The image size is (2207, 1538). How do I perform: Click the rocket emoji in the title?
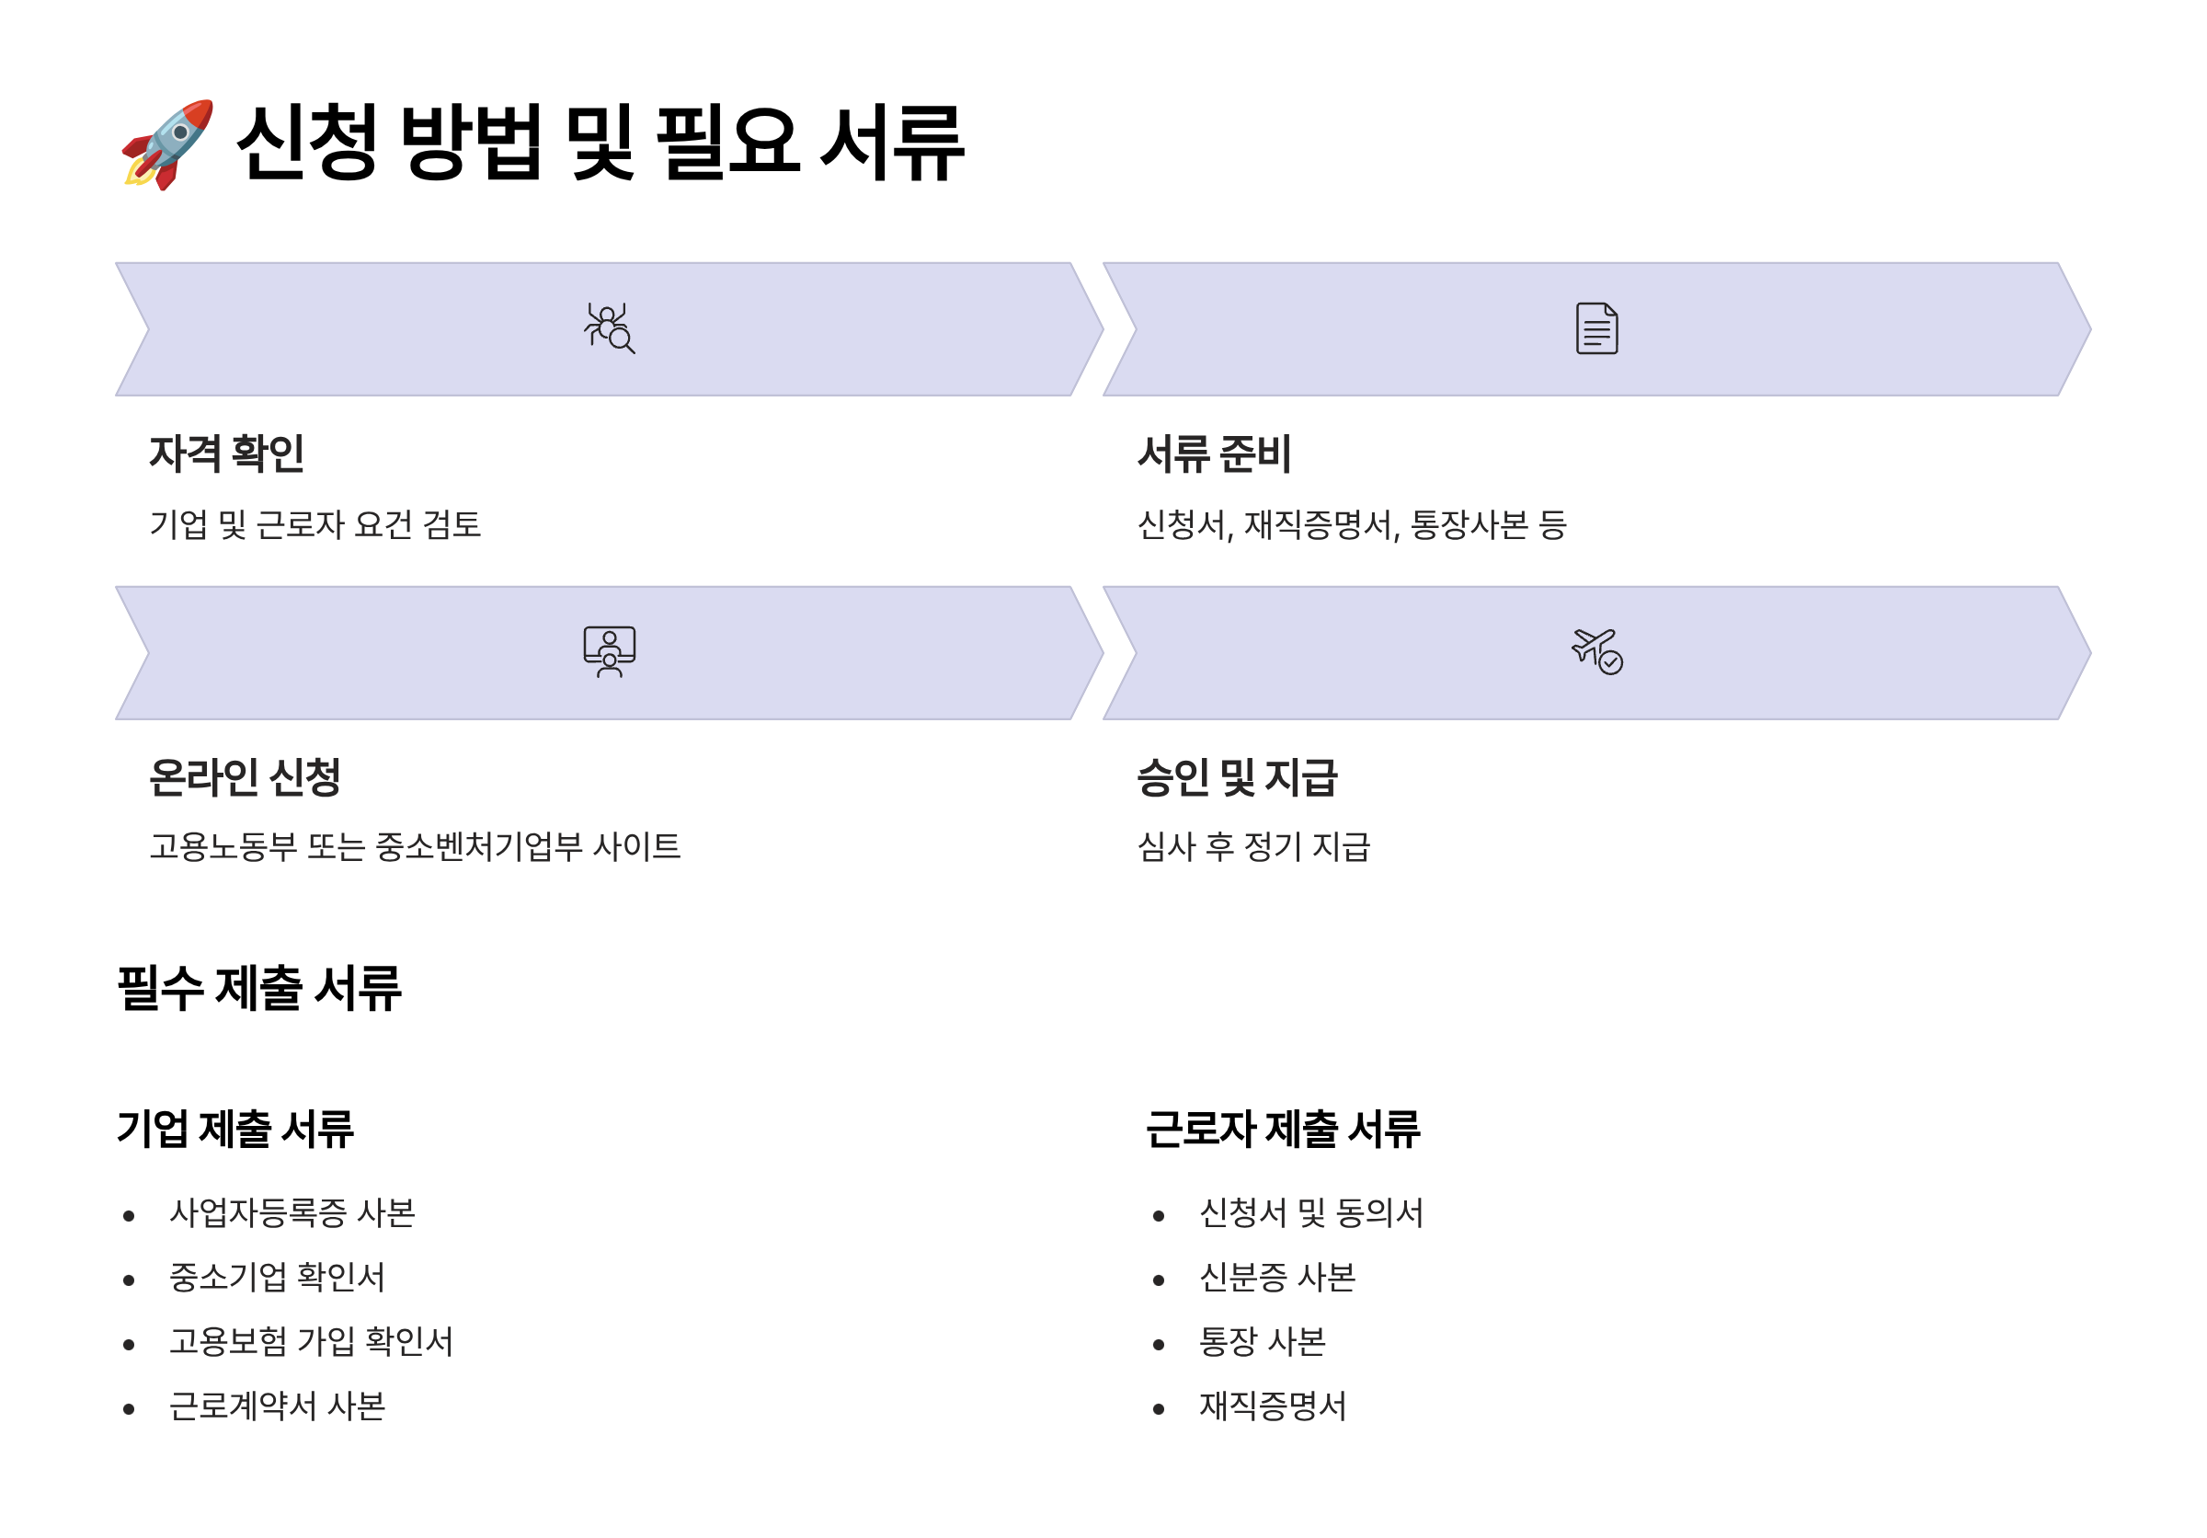pyautogui.click(x=167, y=144)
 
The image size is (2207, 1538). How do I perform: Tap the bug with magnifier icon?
pyautogui.click(x=610, y=328)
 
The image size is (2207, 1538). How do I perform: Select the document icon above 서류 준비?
pyautogui.click(x=1596, y=328)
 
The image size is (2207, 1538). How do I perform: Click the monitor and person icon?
pyautogui.click(x=610, y=652)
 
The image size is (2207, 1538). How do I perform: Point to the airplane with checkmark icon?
pyautogui.click(x=1596, y=652)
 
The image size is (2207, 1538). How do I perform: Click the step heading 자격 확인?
pyautogui.click(x=227, y=453)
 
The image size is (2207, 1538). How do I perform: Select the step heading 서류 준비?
pyautogui.click(x=1214, y=453)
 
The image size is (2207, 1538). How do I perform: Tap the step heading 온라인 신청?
pyautogui.click(x=246, y=776)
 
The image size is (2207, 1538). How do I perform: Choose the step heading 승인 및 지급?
pyautogui.click(x=1237, y=776)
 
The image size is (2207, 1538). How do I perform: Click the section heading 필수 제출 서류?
pyautogui.click(x=258, y=987)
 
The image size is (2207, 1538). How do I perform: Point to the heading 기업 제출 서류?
pyautogui.click(x=235, y=1129)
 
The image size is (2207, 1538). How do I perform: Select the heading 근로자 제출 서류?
pyautogui.click(x=1282, y=1129)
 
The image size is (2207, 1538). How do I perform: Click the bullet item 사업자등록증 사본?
pyautogui.click(x=292, y=1213)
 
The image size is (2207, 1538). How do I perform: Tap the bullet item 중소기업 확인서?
pyautogui.click(x=277, y=1278)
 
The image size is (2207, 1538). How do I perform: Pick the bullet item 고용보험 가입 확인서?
pyautogui.click(x=312, y=1342)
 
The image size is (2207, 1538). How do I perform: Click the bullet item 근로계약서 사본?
pyautogui.click(x=277, y=1406)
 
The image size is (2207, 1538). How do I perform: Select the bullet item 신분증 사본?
pyautogui.click(x=1277, y=1278)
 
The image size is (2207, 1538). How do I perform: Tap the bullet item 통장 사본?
pyautogui.click(x=1262, y=1342)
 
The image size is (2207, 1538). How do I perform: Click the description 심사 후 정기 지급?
pyautogui.click(x=1253, y=847)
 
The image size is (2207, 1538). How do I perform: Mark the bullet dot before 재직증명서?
pyautogui.click(x=1159, y=1409)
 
